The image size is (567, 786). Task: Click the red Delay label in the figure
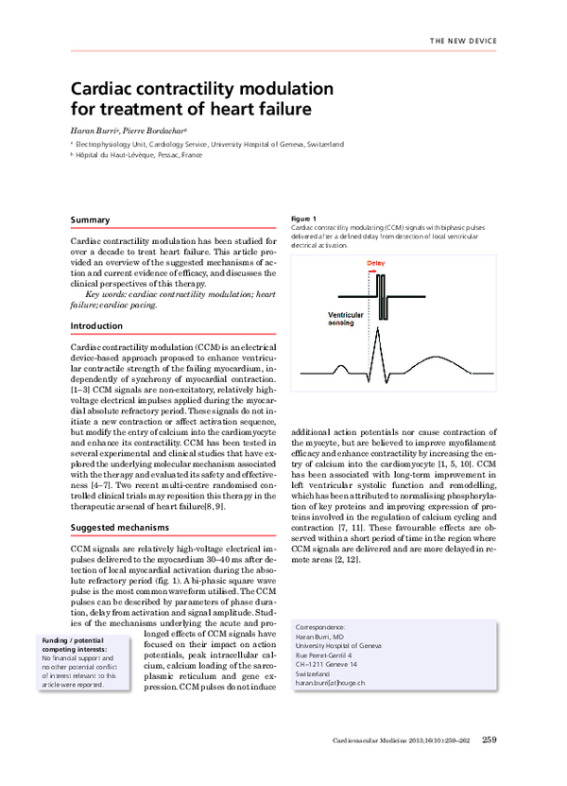(x=375, y=264)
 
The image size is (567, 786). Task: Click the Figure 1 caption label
(x=304, y=218)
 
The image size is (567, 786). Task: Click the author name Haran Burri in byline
(x=94, y=129)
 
